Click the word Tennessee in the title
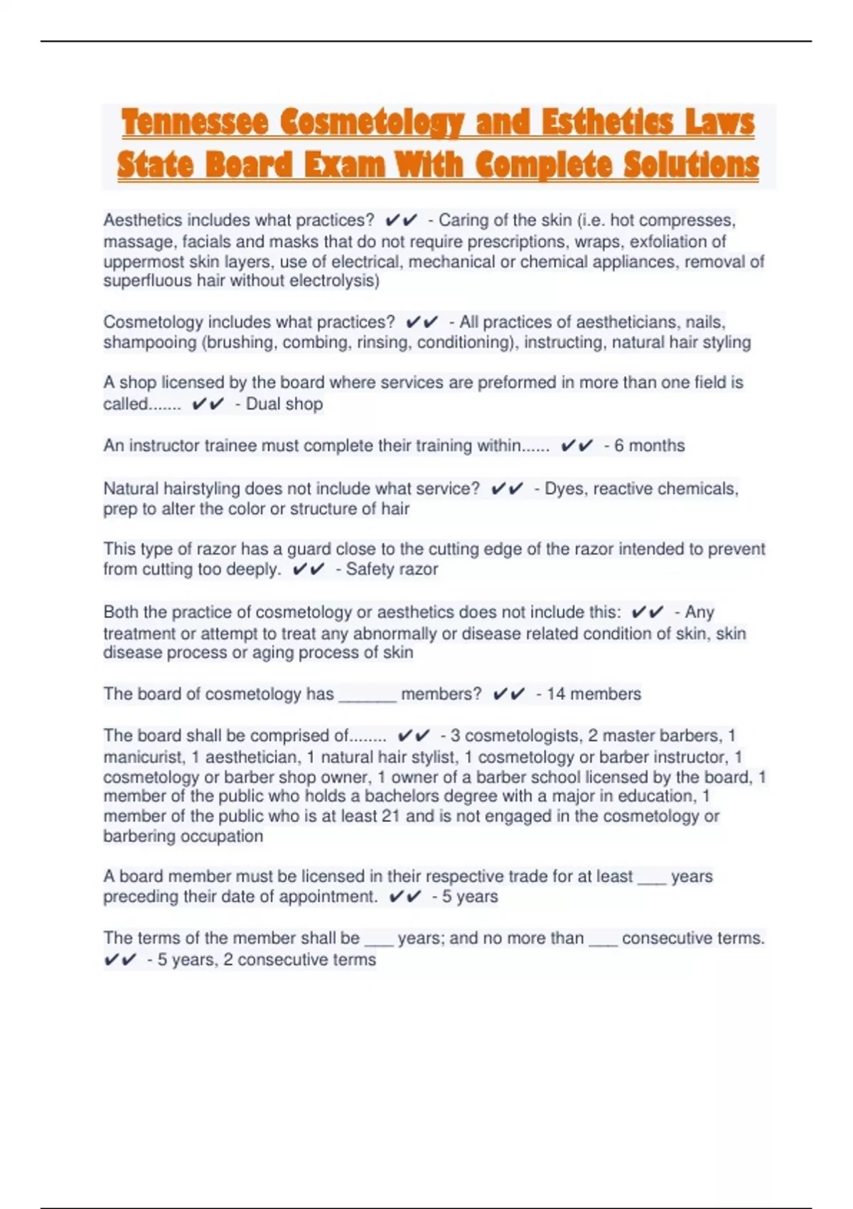[195, 122]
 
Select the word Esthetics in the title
[607, 122]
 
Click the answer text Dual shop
[284, 404]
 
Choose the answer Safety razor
[392, 569]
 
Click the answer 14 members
[594, 694]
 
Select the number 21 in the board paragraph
[390, 816]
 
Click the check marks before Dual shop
[208, 404]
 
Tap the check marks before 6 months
[576, 446]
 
